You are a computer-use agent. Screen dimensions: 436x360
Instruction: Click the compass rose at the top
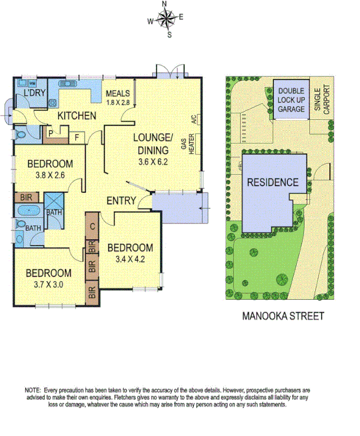pos(166,20)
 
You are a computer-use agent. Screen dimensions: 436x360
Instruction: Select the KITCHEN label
pos(76,116)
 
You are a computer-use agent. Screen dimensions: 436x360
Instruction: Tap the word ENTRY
pos(122,201)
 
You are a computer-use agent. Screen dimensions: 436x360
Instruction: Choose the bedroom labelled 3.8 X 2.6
pos(49,168)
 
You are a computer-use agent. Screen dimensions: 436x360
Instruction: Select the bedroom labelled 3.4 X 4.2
pos(130,252)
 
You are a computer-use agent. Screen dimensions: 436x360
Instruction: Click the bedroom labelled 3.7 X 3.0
pos(48,278)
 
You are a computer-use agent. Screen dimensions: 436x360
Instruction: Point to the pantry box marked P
pos(51,133)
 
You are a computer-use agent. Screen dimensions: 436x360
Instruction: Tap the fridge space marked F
pos(76,138)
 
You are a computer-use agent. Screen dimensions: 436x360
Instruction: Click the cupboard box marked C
pos(92,225)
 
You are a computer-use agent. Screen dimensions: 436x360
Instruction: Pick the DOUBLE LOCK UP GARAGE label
pos(291,100)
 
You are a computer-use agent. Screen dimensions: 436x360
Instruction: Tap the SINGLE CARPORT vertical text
pos(321,99)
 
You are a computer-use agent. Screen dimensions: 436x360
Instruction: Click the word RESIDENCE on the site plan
pos(272,182)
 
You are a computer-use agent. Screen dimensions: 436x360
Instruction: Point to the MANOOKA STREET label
pos(283,316)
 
